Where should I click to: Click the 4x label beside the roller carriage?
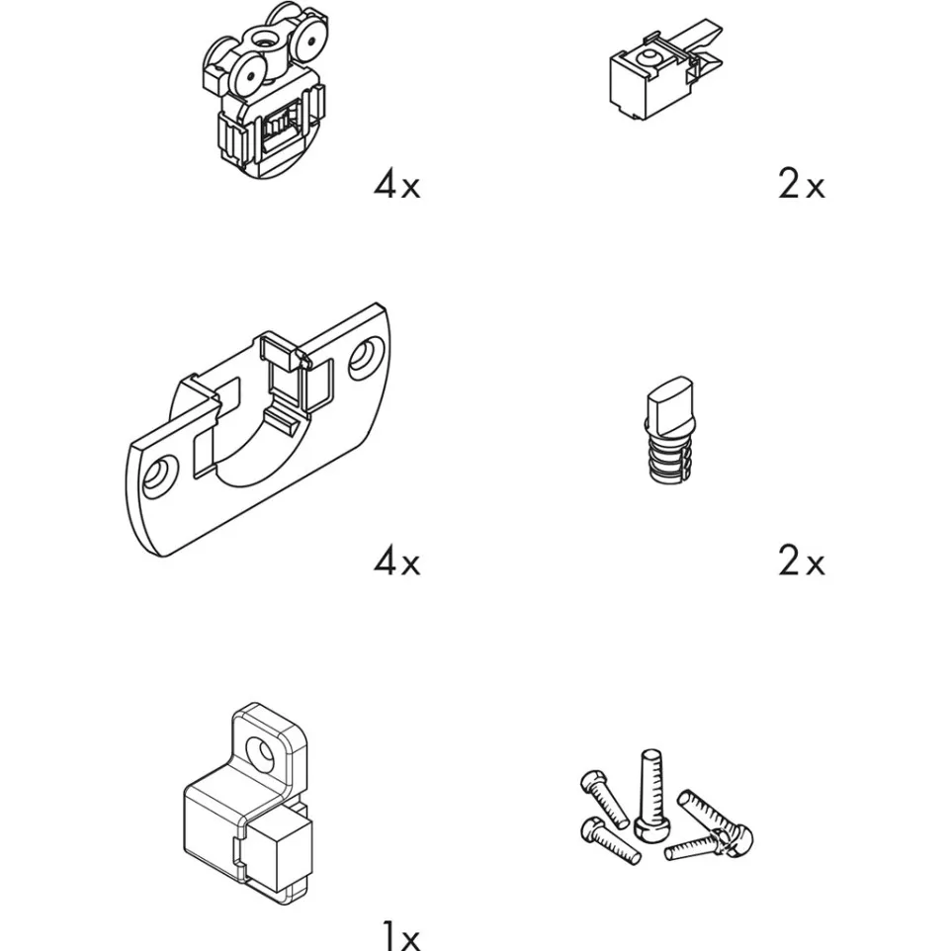click(x=396, y=185)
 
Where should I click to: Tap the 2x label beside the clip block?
click(x=801, y=184)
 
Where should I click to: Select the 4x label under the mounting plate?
click(x=396, y=562)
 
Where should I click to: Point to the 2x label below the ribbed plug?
click(x=801, y=562)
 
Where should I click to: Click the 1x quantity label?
click(x=402, y=937)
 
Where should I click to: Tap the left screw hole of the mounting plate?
click(x=159, y=474)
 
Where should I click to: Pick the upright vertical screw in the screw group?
click(x=649, y=790)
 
